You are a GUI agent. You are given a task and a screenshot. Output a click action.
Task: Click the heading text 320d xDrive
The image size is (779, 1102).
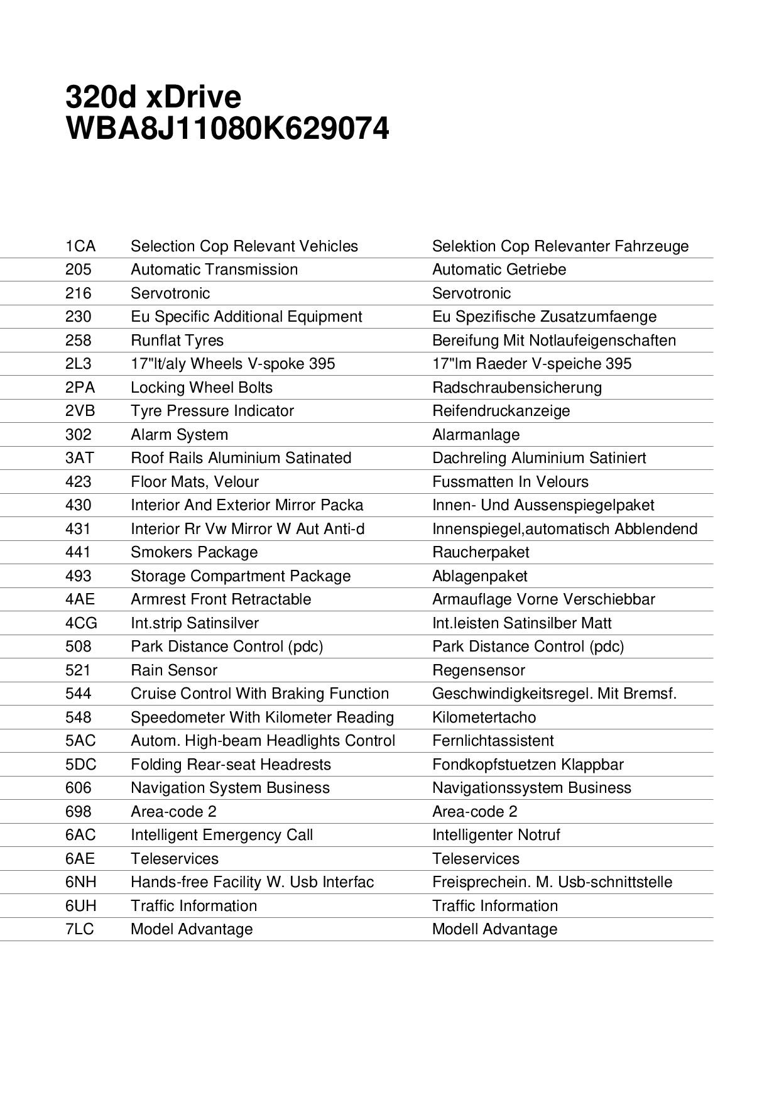point(153,97)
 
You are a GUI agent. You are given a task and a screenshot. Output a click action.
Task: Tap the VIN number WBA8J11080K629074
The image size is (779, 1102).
point(227,129)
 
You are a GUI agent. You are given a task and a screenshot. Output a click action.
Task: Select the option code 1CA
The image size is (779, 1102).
point(80,246)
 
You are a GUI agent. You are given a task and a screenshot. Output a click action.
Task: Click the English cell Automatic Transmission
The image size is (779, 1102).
point(214,270)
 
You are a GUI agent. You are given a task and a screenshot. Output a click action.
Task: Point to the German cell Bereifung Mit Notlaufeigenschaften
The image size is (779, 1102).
point(553,341)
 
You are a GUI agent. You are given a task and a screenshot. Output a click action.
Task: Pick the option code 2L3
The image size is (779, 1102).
point(78,364)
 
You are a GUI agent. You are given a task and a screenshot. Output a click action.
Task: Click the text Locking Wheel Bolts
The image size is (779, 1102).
point(201,388)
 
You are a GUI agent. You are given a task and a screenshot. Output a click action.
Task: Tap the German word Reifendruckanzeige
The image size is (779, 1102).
point(501,411)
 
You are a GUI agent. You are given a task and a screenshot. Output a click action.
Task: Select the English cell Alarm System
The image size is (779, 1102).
point(179,435)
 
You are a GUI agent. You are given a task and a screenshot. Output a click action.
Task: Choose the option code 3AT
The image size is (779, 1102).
point(79,458)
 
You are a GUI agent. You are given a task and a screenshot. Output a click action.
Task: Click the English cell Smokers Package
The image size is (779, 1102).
point(194,552)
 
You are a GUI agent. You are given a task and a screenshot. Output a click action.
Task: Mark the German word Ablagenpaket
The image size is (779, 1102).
point(479,576)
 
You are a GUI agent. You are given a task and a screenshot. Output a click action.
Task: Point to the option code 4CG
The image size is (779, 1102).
point(81,623)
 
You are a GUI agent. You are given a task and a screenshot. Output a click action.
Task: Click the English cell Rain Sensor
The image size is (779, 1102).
point(174,670)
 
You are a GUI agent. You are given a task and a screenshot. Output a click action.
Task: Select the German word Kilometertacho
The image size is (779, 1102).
point(484,717)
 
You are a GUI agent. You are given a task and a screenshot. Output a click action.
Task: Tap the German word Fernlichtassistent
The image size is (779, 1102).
point(493,741)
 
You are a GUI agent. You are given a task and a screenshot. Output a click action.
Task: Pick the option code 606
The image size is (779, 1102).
point(78,788)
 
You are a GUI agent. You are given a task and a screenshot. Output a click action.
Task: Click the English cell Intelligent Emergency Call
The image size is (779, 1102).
point(221,835)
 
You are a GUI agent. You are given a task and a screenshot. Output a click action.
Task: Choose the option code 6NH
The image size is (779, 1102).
point(80,882)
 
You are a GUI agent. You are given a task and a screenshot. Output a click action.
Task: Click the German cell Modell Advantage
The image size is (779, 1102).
point(494,929)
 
